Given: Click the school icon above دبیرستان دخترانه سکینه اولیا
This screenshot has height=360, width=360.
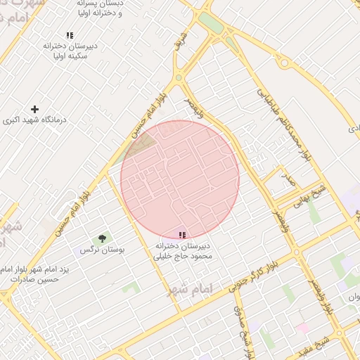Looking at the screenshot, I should tap(69, 35).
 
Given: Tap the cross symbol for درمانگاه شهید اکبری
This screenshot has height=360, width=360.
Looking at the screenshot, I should tap(34, 109).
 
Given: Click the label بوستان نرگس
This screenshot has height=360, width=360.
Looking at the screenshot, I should tap(97, 250).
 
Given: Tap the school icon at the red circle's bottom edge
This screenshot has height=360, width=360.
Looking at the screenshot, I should tap(182, 236).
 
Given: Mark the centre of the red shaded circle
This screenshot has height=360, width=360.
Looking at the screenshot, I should tap(180, 180).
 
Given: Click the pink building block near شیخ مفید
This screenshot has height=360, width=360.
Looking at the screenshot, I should tap(302, 328).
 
